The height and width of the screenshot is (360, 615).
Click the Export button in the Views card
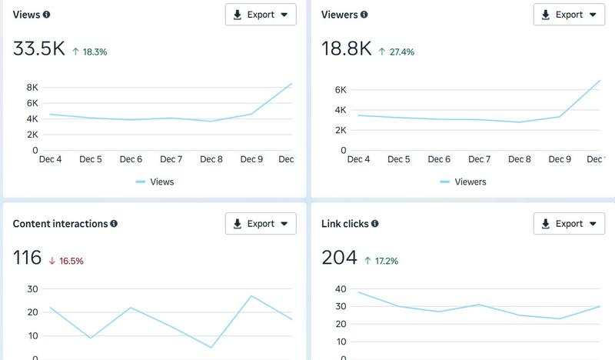click(x=261, y=15)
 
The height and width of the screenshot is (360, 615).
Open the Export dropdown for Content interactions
click(x=261, y=224)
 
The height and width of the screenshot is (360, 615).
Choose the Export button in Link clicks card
click(x=569, y=224)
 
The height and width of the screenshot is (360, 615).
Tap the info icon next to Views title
click(x=47, y=15)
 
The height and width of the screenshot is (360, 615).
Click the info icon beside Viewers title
click(x=364, y=15)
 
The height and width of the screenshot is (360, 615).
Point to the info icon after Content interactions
click(x=114, y=224)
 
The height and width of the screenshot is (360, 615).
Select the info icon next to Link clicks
click(x=375, y=224)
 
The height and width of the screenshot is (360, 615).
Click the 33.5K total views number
click(x=39, y=49)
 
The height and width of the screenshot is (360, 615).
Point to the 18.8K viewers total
click(x=346, y=49)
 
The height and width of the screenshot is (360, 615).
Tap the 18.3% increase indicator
click(x=89, y=52)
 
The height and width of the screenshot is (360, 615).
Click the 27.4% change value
click(x=397, y=52)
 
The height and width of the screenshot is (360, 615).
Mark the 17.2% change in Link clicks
click(x=381, y=261)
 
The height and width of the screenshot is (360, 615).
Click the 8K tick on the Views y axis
click(x=32, y=88)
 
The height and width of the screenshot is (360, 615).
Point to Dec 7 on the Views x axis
click(x=171, y=159)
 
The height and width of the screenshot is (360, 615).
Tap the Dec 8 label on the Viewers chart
click(x=519, y=159)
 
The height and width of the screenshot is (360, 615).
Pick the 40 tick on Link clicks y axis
click(x=341, y=289)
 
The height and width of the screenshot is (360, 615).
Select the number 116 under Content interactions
click(x=27, y=258)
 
